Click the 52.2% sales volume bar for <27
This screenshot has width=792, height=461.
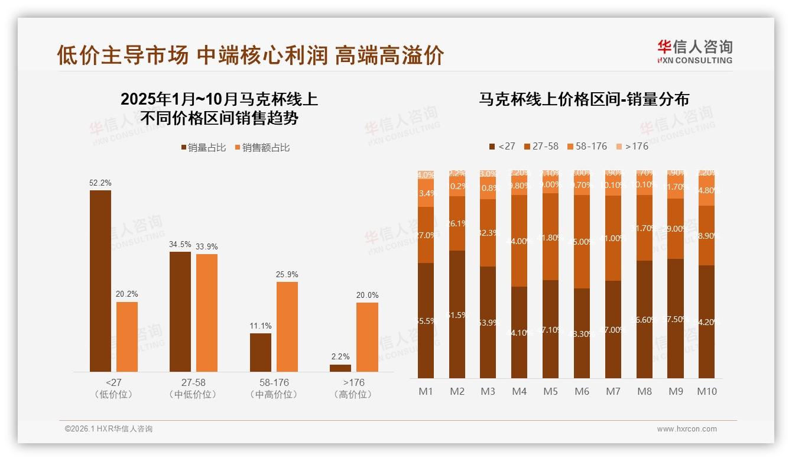[100, 281]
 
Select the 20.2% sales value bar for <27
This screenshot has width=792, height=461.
[127, 337]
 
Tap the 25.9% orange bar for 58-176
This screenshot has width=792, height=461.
[287, 327]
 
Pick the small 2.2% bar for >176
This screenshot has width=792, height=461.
[340, 368]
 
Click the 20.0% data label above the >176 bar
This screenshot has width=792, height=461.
[367, 295]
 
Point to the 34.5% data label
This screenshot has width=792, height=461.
[180, 244]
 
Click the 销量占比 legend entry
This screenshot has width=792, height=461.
[203, 148]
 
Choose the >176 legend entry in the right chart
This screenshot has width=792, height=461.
[632, 146]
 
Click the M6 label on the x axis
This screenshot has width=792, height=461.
[582, 391]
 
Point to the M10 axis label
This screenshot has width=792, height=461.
[706, 391]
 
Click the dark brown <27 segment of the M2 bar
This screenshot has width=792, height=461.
[457, 314]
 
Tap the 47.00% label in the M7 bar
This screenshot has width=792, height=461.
[613, 330]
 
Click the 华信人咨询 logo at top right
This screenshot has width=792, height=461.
[694, 51]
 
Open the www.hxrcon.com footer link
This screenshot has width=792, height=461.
[686, 429]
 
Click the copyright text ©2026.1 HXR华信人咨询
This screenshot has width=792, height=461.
[108, 429]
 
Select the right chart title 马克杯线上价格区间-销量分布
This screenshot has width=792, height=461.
[583, 99]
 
